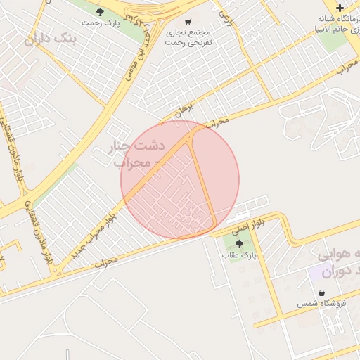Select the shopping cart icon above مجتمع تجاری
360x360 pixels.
click(x=187, y=20)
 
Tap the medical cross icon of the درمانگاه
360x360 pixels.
click(x=340, y=8)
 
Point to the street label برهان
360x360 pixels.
click(x=184, y=108)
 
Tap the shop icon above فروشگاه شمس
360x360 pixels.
click(x=321, y=292)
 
